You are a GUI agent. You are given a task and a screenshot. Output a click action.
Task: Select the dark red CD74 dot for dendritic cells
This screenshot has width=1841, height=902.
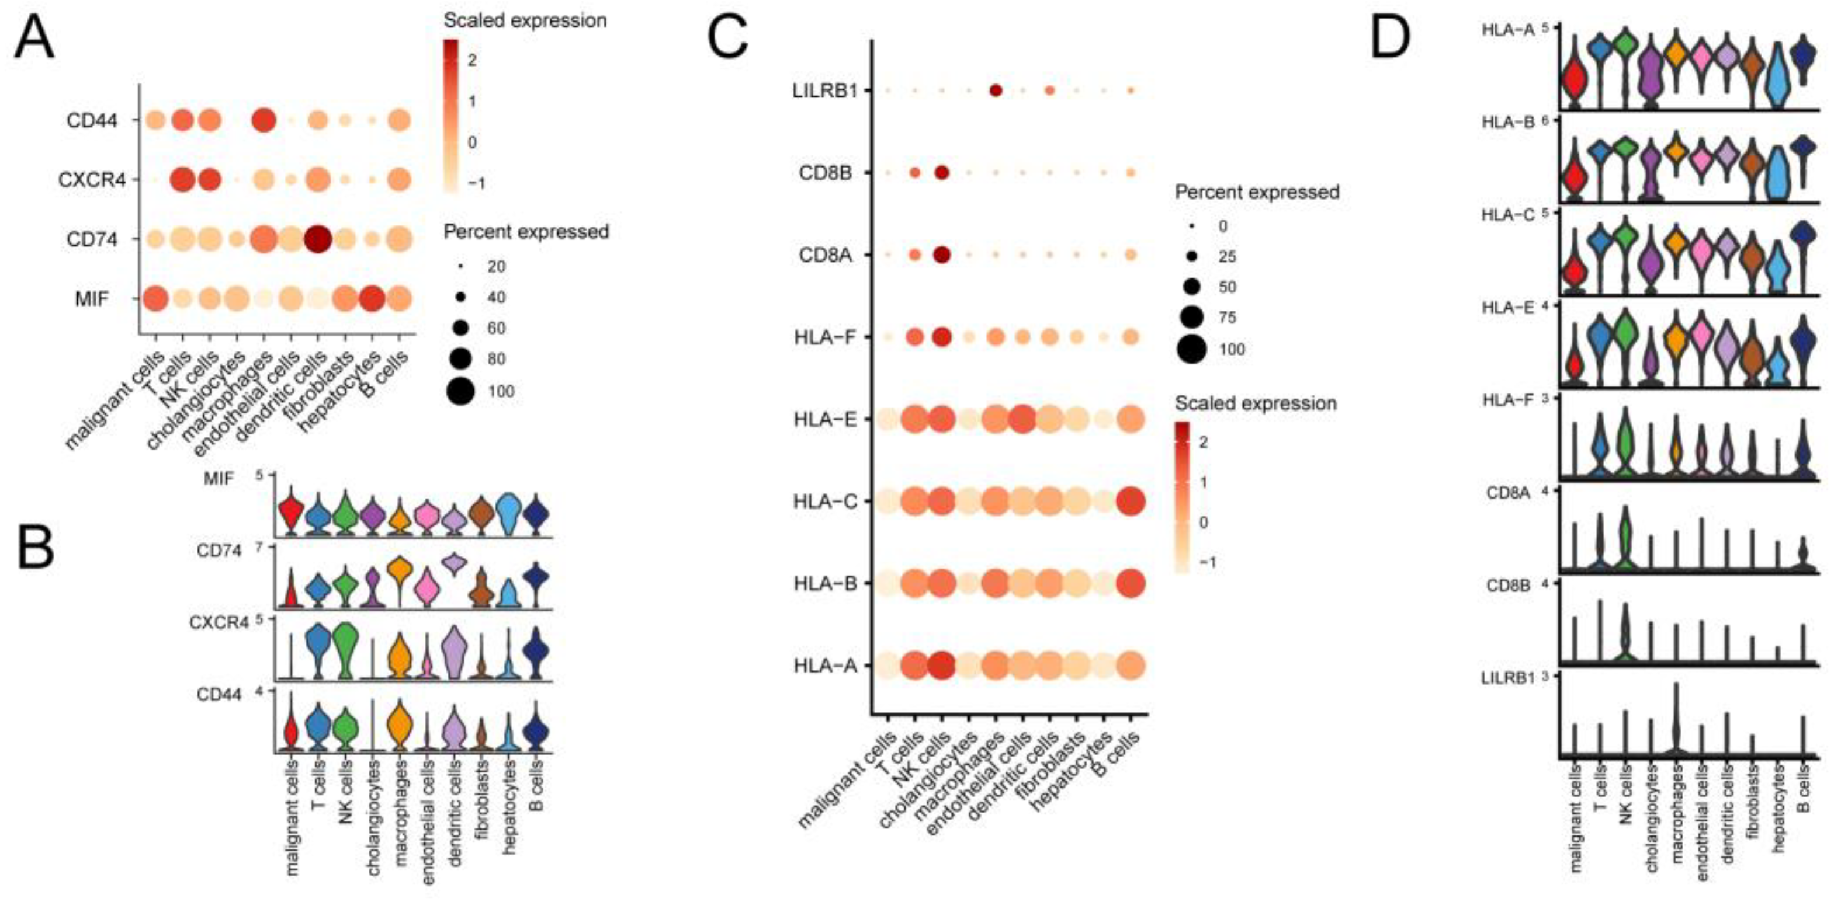[318, 239]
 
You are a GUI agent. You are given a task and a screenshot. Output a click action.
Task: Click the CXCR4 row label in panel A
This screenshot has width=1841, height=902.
[92, 179]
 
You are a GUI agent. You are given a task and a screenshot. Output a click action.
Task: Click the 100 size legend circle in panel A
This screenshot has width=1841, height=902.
[461, 391]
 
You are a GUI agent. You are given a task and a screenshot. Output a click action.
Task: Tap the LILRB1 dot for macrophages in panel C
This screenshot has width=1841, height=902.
[996, 90]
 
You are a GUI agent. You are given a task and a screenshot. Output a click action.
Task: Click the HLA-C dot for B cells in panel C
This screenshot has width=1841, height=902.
[1131, 502]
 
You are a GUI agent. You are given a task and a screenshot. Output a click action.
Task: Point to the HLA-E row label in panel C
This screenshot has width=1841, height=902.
[824, 419]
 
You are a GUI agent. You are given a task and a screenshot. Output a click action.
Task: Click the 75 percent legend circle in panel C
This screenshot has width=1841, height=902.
[1191, 317]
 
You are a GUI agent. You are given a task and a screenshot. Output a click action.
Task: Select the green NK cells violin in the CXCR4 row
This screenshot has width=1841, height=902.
[346, 648]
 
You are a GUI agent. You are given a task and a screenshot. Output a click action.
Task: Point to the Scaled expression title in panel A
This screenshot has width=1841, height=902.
[525, 20]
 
